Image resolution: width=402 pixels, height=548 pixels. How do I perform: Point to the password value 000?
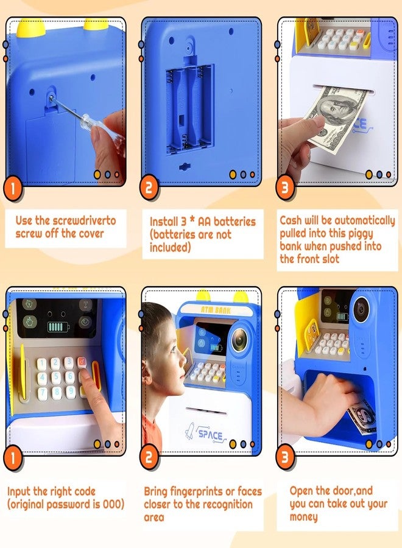[113, 504]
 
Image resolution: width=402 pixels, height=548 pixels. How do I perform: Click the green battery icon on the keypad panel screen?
[56, 327]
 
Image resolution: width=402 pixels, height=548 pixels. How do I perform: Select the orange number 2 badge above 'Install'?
[149, 188]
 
